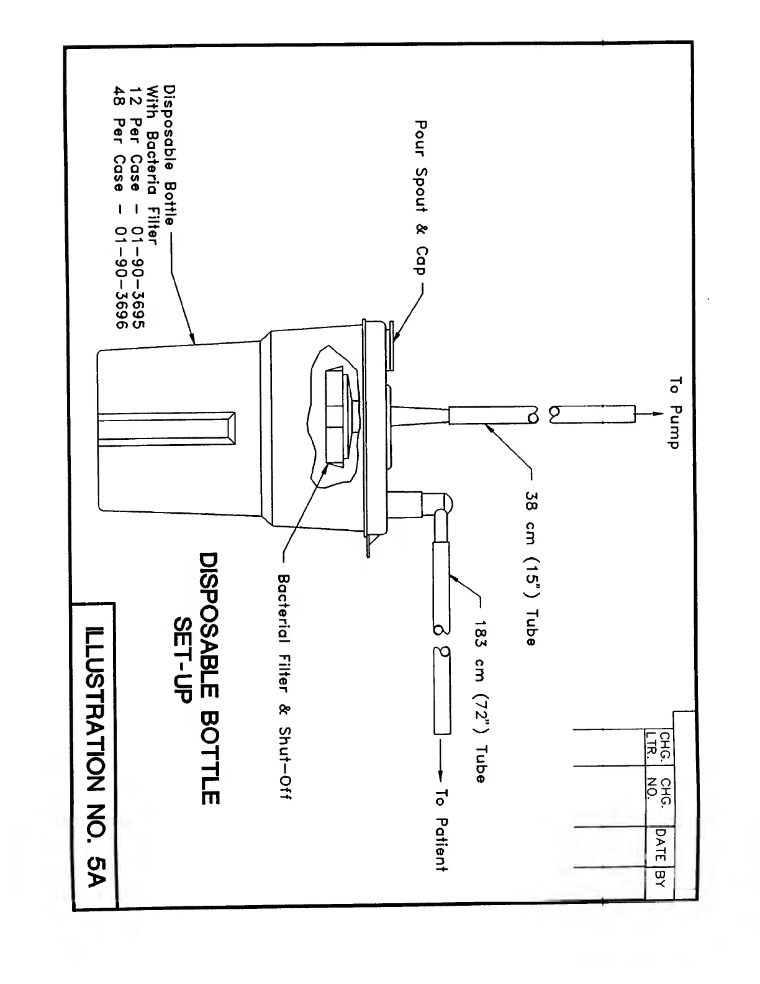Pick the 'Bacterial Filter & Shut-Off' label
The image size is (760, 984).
[x=284, y=687]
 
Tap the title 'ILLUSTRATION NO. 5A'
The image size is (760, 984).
[x=96, y=752]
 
